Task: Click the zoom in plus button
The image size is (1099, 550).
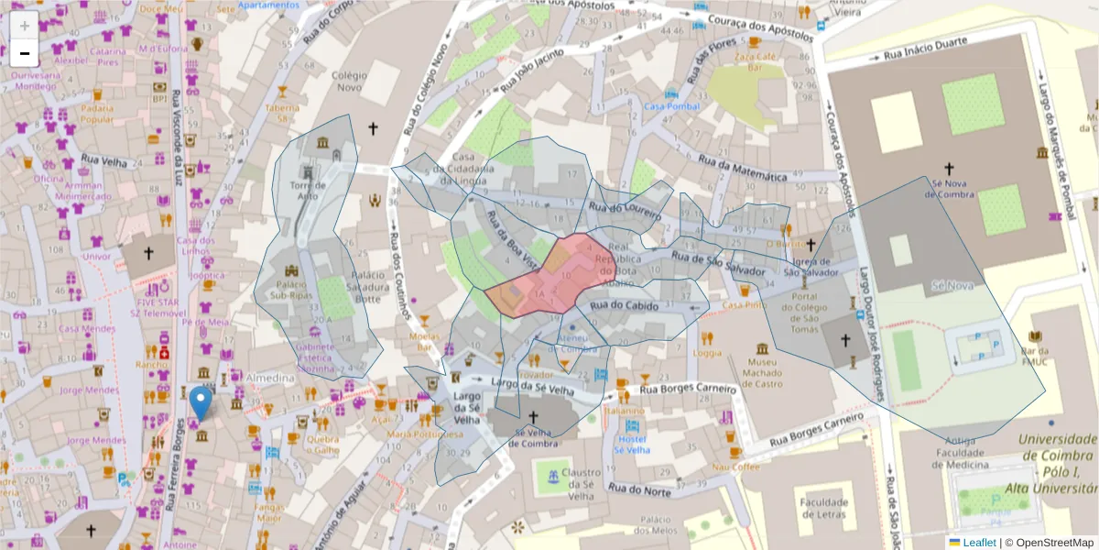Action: pyautogui.click(x=24, y=26)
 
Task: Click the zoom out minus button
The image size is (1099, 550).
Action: pyautogui.click(x=24, y=53)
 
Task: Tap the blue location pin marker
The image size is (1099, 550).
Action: pyautogui.click(x=201, y=404)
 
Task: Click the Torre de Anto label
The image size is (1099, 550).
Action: pyautogui.click(x=308, y=190)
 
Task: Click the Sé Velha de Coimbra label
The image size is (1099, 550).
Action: pyautogui.click(x=524, y=438)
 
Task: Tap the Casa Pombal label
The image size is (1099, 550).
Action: pyautogui.click(x=671, y=106)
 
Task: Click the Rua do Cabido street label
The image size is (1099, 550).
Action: pyautogui.click(x=626, y=305)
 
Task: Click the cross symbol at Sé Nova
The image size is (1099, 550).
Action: pyautogui.click(x=950, y=169)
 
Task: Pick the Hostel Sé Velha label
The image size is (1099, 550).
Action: pyautogui.click(x=631, y=444)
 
